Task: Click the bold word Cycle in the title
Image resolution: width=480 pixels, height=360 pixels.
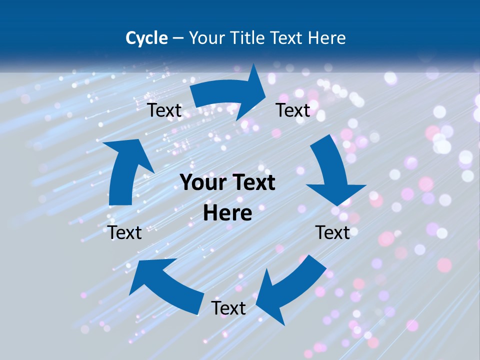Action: tap(146, 38)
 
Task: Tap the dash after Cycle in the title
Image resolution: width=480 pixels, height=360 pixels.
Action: tap(178, 38)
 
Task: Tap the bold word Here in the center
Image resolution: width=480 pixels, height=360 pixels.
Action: tap(227, 213)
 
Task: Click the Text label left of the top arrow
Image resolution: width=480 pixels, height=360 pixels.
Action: tap(164, 110)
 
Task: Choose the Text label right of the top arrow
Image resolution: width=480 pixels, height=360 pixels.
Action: tap(293, 110)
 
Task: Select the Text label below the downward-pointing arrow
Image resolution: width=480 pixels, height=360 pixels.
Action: tap(332, 232)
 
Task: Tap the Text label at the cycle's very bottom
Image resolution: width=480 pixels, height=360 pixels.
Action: tap(228, 308)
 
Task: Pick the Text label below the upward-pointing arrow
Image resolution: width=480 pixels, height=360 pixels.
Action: tap(124, 232)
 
